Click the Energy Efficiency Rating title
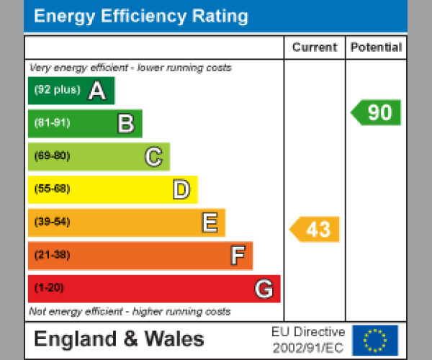pos(141,16)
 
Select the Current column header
pos(315,48)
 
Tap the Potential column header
pos(376,48)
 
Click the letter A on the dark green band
pos(97,91)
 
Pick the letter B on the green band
pos(126,124)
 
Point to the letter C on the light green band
pos(153,156)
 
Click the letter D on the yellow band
pos(181,189)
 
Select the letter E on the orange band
pos(210,222)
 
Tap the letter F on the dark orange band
pos(238,256)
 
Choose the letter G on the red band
pos(264,289)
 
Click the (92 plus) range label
pos(58,91)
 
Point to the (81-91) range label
pos(52,123)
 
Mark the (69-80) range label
pos(52,156)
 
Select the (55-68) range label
pos(52,189)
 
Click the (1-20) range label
pos(49,288)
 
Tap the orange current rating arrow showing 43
pos(315,230)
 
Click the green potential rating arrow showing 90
pos(377,112)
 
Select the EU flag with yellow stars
pos(375,340)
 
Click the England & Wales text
pos(119,340)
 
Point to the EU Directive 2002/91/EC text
pos(308,340)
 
